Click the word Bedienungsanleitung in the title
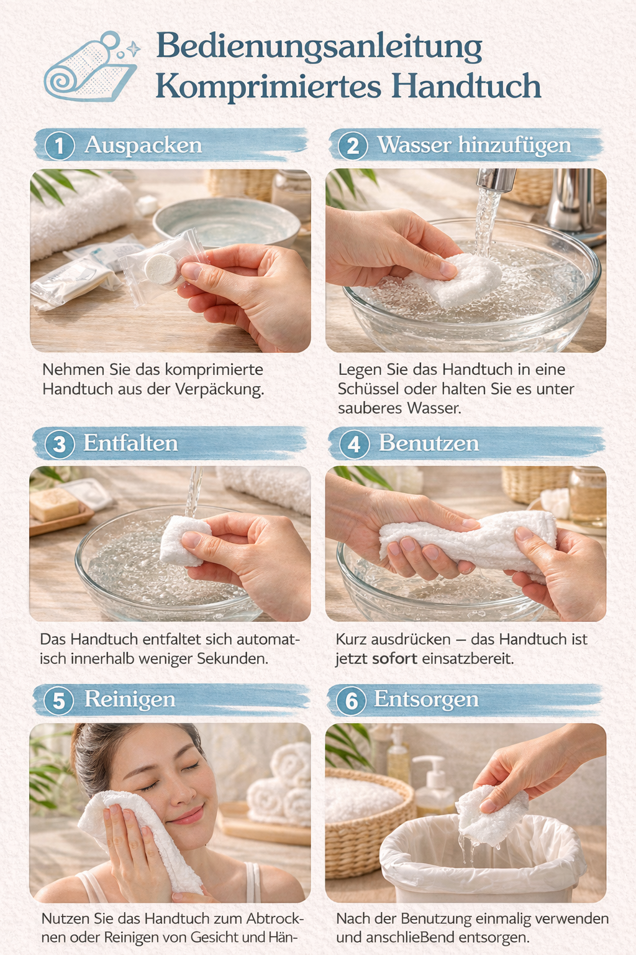[319, 47]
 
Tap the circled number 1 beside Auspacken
[59, 146]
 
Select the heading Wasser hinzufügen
[474, 145]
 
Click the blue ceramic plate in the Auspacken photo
[226, 222]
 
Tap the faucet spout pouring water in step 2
[496, 179]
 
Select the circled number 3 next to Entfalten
[59, 444]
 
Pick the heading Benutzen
[429, 443]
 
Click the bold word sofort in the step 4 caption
[394, 658]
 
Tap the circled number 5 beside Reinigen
[59, 701]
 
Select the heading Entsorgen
[427, 699]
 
